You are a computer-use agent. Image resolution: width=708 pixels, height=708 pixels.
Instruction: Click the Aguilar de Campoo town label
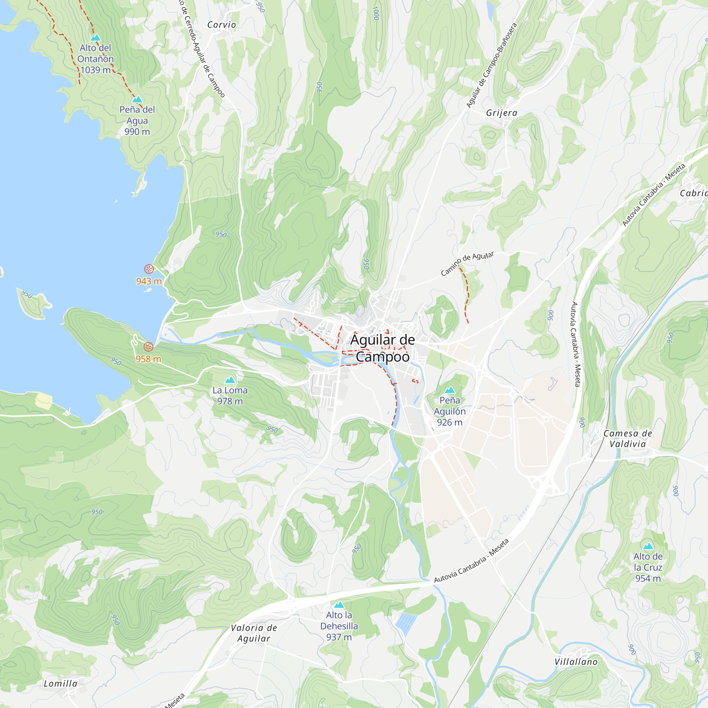(x=382, y=348)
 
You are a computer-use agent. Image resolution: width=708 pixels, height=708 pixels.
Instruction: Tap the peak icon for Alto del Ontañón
(x=95, y=38)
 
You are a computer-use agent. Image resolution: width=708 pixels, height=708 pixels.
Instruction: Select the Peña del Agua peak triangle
(x=137, y=99)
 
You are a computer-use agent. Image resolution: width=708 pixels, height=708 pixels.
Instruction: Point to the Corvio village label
(x=221, y=25)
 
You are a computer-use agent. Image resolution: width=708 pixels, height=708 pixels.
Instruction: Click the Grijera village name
(x=502, y=113)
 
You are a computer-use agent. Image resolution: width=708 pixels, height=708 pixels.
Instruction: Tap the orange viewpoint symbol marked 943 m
(x=149, y=269)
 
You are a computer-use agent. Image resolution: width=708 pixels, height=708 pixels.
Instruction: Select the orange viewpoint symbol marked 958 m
(x=148, y=347)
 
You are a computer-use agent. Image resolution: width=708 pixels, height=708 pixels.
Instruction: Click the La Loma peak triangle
(x=230, y=380)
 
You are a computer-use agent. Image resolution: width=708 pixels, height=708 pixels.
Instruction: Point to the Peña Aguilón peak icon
(x=450, y=390)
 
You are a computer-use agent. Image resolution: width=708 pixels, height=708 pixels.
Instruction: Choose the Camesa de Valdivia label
(x=628, y=439)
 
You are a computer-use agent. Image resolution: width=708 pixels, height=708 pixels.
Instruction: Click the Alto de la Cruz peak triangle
(x=648, y=546)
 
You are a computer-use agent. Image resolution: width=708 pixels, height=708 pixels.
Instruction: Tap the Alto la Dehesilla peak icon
(x=339, y=605)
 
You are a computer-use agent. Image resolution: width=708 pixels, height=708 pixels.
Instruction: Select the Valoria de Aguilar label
(x=253, y=633)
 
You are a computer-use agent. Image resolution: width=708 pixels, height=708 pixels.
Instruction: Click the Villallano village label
(x=576, y=662)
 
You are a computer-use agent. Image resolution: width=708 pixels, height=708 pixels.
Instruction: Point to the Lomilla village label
(x=61, y=684)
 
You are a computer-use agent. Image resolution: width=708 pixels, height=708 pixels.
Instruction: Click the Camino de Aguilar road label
(x=467, y=263)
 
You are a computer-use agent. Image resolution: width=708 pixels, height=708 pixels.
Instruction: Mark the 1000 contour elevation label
(x=376, y=13)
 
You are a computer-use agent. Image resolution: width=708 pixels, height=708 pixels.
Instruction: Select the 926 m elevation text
(x=450, y=422)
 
